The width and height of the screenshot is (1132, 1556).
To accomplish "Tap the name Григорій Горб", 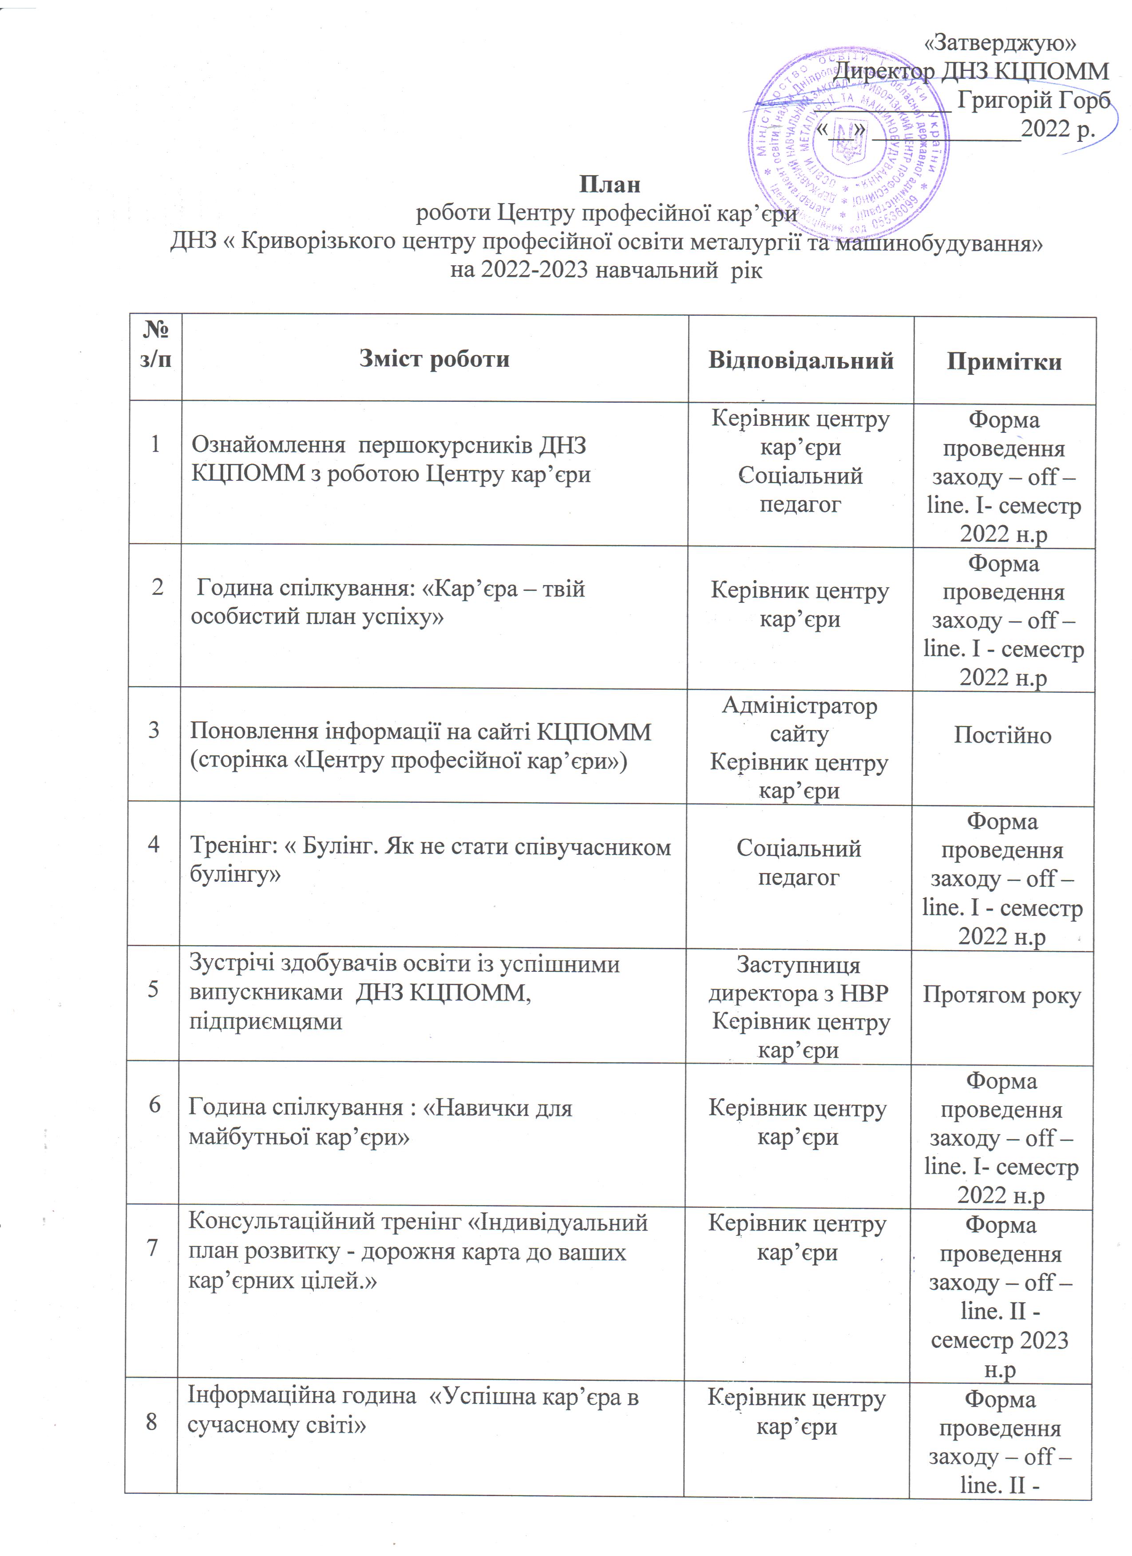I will [1033, 100].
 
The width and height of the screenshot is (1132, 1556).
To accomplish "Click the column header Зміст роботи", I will [435, 359].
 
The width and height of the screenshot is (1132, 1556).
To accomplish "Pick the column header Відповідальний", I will [800, 360].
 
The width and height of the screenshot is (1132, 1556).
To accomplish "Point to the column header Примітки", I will [1004, 361].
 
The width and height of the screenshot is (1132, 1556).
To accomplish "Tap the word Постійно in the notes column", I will [1002, 735].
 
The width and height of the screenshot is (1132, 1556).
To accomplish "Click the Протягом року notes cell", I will [1001, 995].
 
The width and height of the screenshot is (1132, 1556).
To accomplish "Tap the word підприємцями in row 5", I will [265, 1022].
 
